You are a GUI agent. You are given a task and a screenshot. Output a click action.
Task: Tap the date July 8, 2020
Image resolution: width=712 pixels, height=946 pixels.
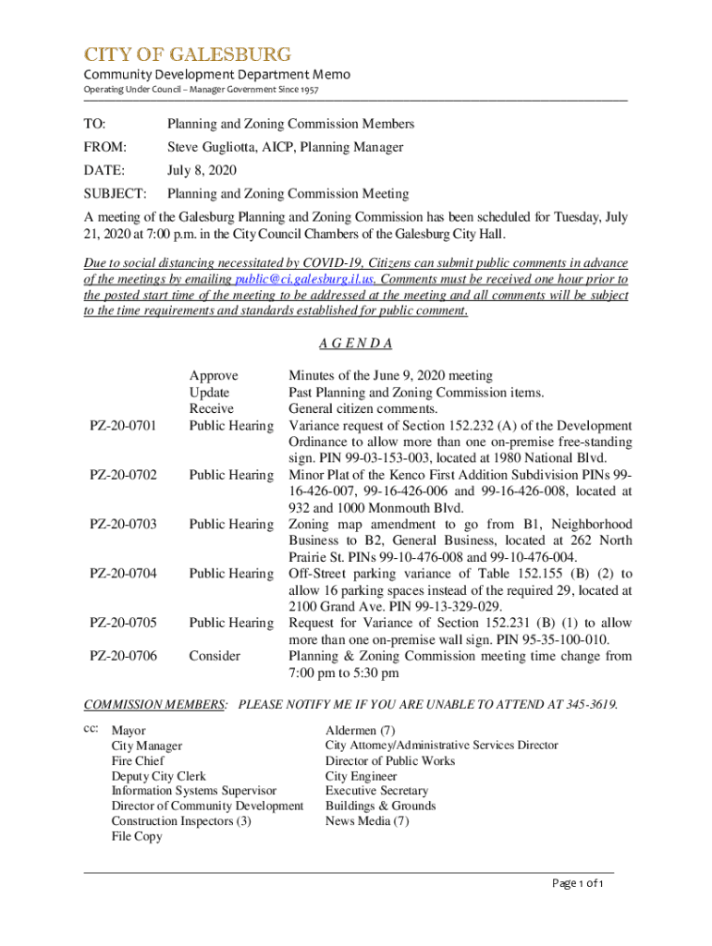point(202,170)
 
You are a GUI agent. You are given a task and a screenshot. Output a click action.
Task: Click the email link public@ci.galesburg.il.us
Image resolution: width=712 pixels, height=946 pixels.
point(304,279)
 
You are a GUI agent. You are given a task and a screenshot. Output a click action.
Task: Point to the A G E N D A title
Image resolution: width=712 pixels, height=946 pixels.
point(355,344)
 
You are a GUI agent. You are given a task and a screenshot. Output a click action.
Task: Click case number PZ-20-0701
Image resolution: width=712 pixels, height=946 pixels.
point(123,426)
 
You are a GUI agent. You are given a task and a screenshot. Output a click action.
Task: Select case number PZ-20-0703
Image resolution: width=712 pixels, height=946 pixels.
point(123,525)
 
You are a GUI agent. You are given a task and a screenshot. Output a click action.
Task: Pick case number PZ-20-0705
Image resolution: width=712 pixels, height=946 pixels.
point(123,624)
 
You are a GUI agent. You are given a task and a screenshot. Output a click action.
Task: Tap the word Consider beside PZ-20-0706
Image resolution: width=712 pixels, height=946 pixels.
point(215,656)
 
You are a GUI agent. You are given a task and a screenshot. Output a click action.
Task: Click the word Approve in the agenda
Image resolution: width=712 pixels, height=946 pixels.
point(214,376)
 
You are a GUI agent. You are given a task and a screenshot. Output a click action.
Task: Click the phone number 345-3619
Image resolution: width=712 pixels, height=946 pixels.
point(590,705)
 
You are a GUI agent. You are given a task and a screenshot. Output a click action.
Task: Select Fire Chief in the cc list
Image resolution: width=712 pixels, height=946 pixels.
point(138,761)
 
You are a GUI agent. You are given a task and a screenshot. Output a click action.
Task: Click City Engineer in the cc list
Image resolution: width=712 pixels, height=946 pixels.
point(361,776)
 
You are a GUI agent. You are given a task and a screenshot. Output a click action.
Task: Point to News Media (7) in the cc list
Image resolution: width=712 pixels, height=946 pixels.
point(366,821)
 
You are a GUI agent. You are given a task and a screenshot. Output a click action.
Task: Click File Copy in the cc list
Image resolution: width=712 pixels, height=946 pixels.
point(137,837)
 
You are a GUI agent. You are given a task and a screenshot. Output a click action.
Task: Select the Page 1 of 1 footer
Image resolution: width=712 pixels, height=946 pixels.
point(577,885)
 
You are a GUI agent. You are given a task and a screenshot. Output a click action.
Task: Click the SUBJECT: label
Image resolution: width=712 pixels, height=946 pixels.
point(115,194)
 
